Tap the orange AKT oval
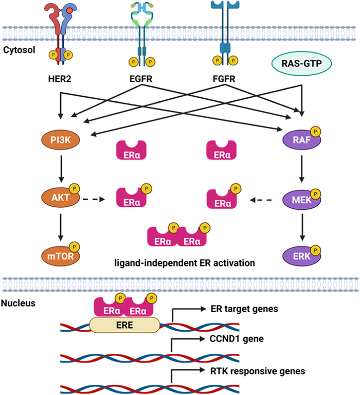click(60, 197)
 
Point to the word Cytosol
click(20, 50)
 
